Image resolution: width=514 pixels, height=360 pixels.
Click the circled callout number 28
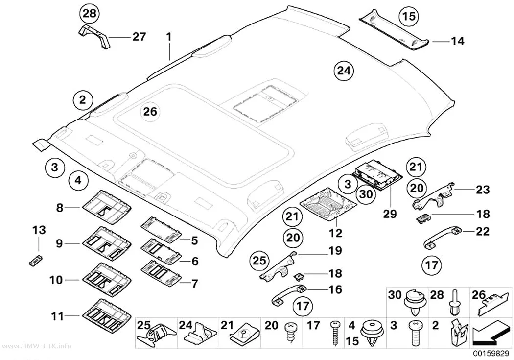[x=90, y=13]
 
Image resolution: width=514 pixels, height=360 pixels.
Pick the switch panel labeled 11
[x=108, y=315]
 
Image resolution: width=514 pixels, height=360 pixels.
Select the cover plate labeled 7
[x=161, y=271]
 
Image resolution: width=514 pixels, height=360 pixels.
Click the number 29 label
[x=390, y=214]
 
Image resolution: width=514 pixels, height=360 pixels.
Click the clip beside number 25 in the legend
[x=157, y=336]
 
